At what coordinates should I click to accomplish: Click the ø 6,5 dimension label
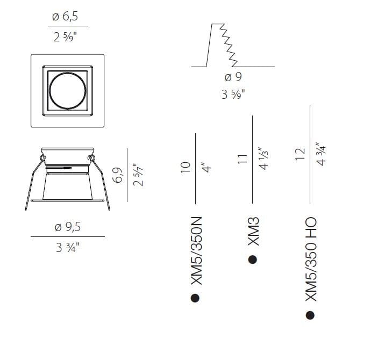(65, 17)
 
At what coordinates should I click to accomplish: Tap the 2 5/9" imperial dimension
(65, 37)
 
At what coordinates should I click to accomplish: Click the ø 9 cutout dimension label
(233, 77)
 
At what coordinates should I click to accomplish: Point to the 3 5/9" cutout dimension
(233, 94)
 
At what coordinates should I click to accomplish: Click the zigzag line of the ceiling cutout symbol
(229, 45)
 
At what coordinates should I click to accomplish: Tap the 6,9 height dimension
(118, 175)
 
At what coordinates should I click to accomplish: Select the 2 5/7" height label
(138, 175)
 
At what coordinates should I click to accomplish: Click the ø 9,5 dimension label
(68, 227)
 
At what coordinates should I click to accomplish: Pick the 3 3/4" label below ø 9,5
(67, 248)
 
